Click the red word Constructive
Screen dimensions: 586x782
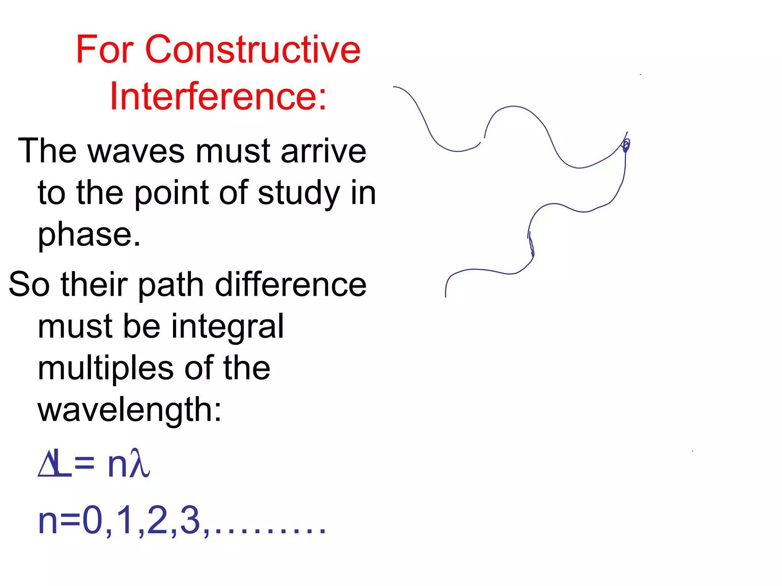[252, 50]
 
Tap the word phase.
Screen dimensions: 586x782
[89, 235]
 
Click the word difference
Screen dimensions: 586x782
[291, 285]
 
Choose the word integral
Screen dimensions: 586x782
[227, 327]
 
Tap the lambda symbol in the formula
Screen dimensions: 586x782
[139, 463]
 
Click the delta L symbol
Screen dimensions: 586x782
[55, 463]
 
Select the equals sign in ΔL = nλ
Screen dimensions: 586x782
[84, 464]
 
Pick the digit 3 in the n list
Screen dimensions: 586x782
[190, 520]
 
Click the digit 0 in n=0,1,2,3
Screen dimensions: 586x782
[92, 520]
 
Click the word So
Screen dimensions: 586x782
[29, 285]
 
